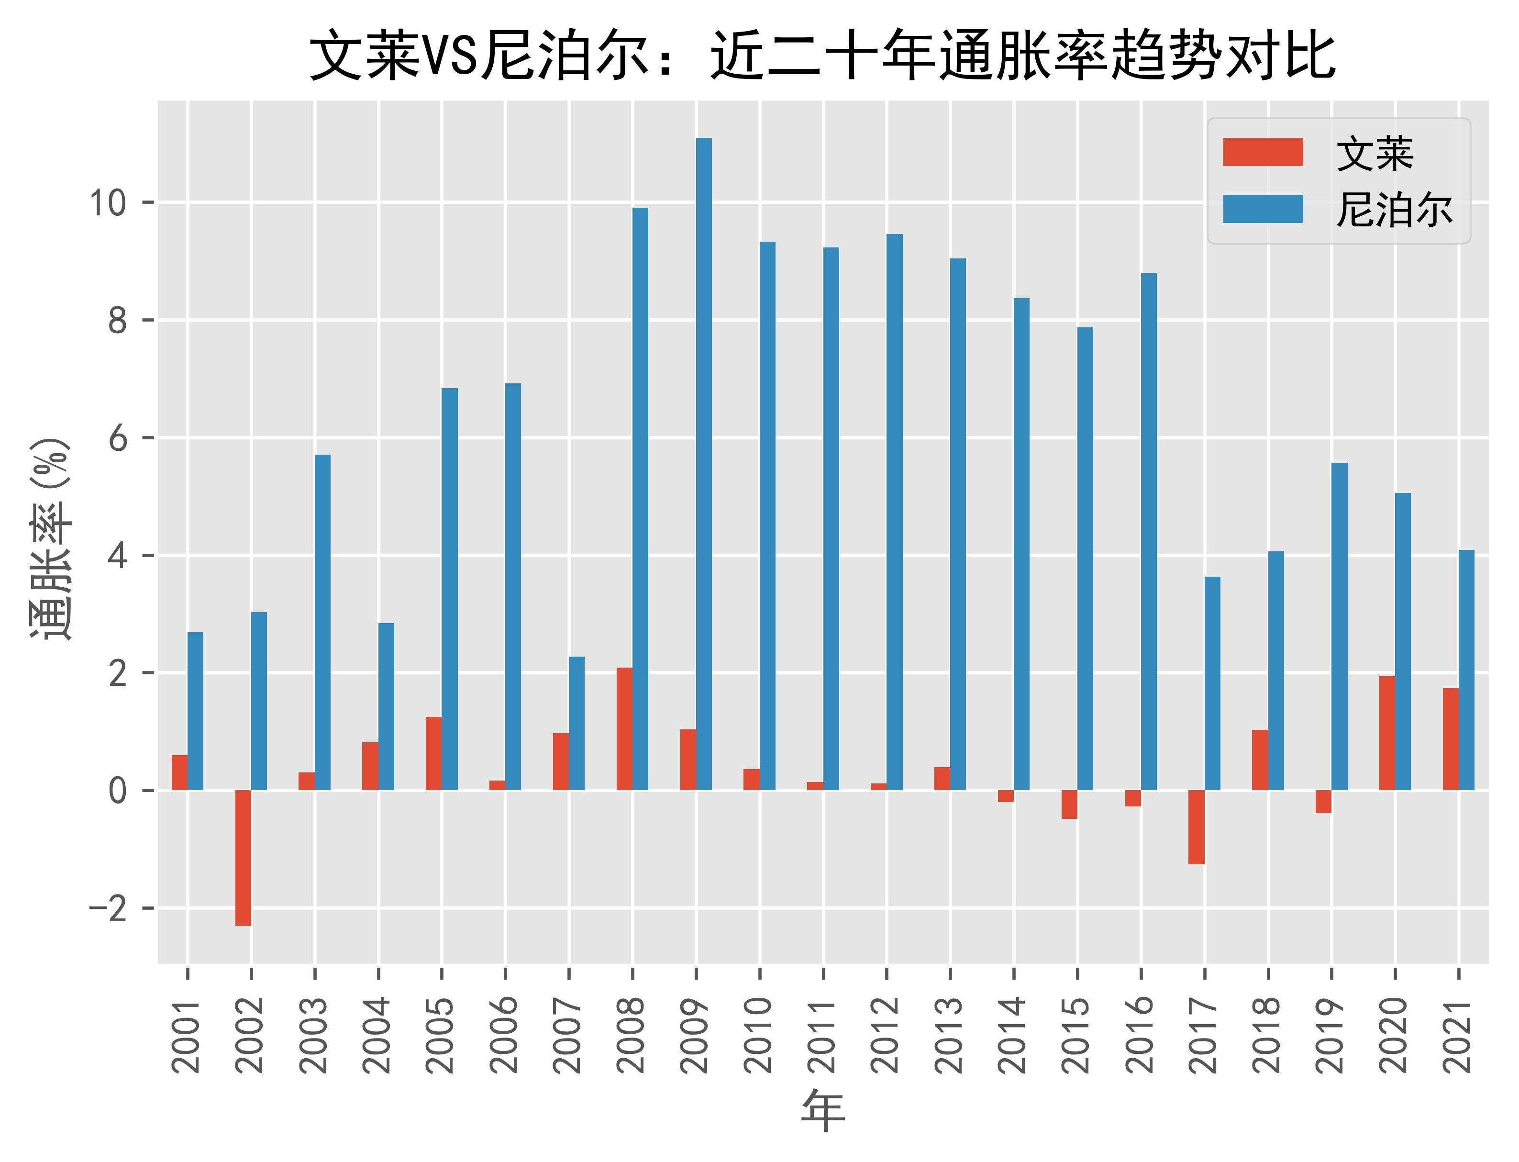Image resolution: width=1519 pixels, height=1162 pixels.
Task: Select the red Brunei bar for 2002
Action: coord(243,858)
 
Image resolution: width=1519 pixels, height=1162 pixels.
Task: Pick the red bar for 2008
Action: coord(624,729)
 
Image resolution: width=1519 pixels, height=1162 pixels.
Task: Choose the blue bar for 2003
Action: coord(322,623)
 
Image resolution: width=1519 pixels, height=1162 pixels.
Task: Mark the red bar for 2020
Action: coord(1387,733)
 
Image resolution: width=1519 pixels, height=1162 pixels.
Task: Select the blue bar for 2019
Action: coord(1339,626)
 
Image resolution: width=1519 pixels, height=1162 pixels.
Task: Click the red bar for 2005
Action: coord(433,754)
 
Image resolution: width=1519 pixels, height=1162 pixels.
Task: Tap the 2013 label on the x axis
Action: coord(950,1034)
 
